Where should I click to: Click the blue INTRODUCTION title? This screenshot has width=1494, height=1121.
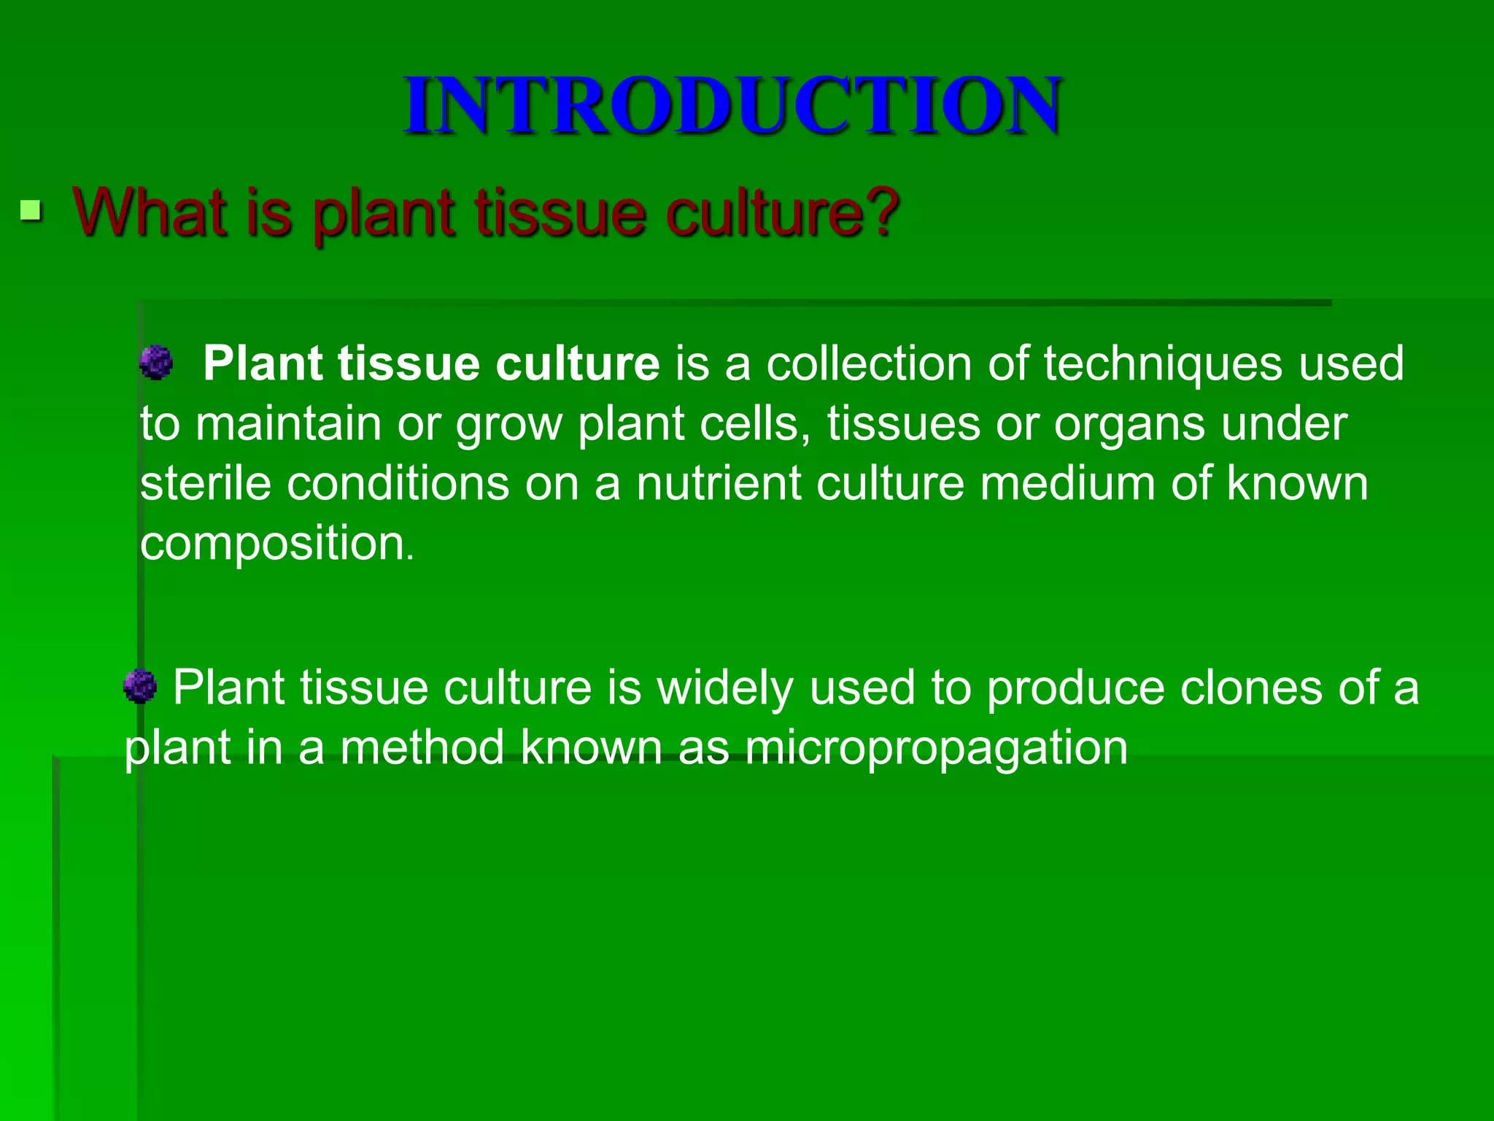point(732,105)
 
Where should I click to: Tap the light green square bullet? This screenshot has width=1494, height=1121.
point(31,212)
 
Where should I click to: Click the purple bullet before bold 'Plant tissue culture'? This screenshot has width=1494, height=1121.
point(156,363)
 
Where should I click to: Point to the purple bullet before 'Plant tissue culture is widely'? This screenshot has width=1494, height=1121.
point(140,687)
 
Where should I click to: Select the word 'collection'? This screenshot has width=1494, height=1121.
point(868,363)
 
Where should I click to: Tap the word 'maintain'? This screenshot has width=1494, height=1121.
point(288,423)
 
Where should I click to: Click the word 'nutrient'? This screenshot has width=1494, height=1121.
point(718,483)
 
